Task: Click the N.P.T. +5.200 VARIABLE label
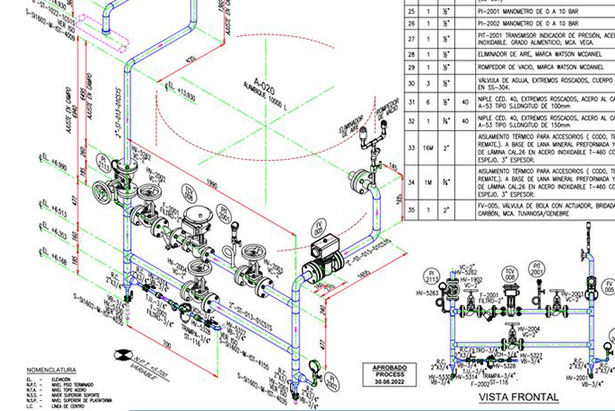click(x=127, y=355)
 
